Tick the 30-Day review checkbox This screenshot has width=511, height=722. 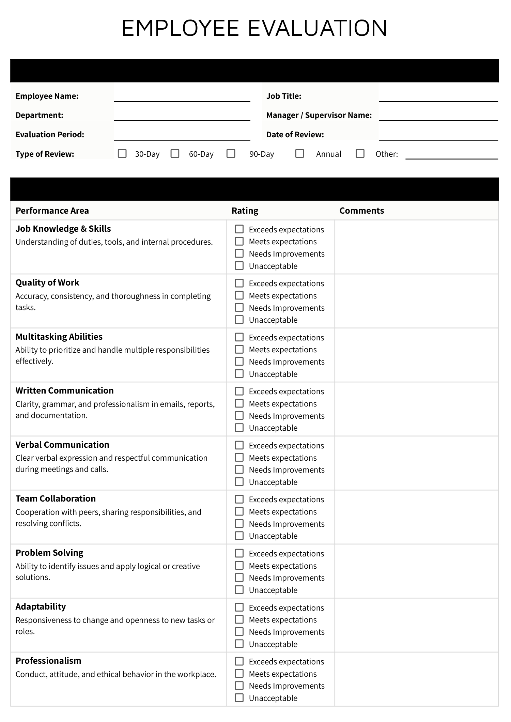[x=122, y=154]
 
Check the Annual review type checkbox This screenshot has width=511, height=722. [x=299, y=154]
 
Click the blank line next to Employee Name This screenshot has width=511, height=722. [x=182, y=97]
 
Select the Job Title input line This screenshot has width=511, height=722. [x=438, y=97]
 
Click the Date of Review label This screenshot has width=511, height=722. [x=295, y=135]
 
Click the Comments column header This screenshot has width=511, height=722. [x=361, y=211]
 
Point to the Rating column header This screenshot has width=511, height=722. [x=245, y=211]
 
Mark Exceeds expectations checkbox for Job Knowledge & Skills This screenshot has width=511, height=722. [x=239, y=229]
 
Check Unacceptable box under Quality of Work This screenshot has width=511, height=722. [x=239, y=320]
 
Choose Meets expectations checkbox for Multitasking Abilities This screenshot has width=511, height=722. [x=239, y=349]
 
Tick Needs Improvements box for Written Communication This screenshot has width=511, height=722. [x=239, y=416]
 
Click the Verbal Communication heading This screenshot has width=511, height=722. [x=62, y=445]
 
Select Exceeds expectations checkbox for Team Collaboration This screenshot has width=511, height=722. [x=239, y=499]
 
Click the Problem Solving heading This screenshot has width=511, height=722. [x=49, y=553]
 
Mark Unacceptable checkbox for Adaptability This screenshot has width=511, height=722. [x=239, y=644]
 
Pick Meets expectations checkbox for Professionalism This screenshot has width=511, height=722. [x=239, y=674]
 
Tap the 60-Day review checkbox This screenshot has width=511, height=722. [x=175, y=154]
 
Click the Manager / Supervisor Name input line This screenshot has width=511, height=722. [x=438, y=116]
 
